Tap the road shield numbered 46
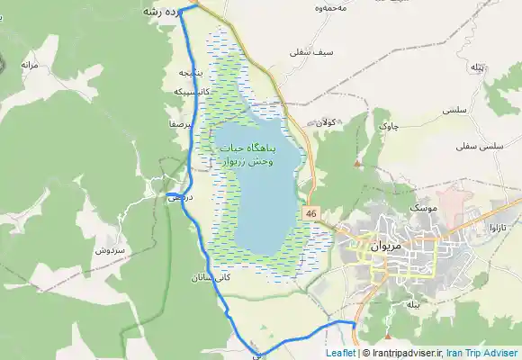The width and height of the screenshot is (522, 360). click(x=310, y=213)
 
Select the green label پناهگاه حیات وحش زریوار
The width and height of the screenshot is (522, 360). click(x=246, y=155)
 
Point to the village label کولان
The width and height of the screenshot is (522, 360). click(x=327, y=122)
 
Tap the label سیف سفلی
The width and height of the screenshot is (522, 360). click(x=312, y=52)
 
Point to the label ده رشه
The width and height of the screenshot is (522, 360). click(x=159, y=13)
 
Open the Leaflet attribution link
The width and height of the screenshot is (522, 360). click(x=341, y=353)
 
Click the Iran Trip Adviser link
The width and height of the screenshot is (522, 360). click(x=482, y=353)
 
